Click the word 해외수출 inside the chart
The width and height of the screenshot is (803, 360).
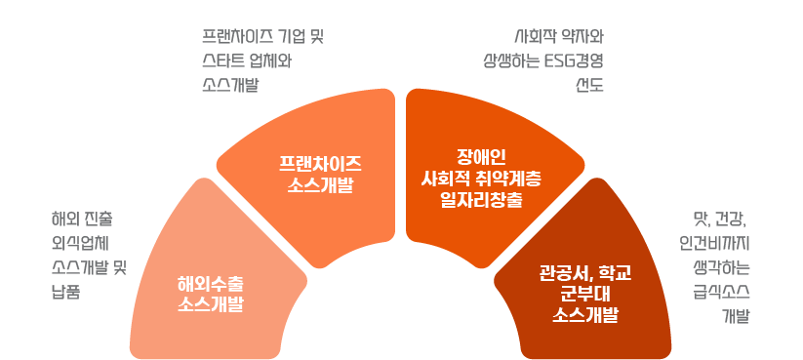(210, 284)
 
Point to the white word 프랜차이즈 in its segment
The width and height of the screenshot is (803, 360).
(320, 162)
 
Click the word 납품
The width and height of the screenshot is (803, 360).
(65, 290)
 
